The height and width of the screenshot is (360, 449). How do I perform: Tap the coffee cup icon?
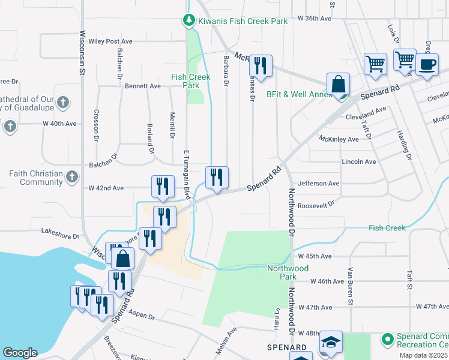(427, 65)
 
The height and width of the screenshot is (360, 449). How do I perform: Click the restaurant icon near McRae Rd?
(260, 65)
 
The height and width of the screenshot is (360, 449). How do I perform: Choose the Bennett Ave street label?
(143, 86)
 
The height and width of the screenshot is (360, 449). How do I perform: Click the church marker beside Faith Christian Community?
(72, 177)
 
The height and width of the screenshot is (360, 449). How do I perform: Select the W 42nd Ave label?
(106, 188)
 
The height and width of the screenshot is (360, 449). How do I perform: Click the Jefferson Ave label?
(319, 184)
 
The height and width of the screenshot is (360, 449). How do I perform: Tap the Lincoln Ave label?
(358, 162)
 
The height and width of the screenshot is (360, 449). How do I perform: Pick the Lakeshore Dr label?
(60, 230)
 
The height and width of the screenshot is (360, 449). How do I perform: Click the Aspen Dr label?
(142, 316)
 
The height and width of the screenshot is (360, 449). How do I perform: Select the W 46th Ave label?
(330, 281)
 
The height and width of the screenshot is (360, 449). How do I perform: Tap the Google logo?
(20, 353)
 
